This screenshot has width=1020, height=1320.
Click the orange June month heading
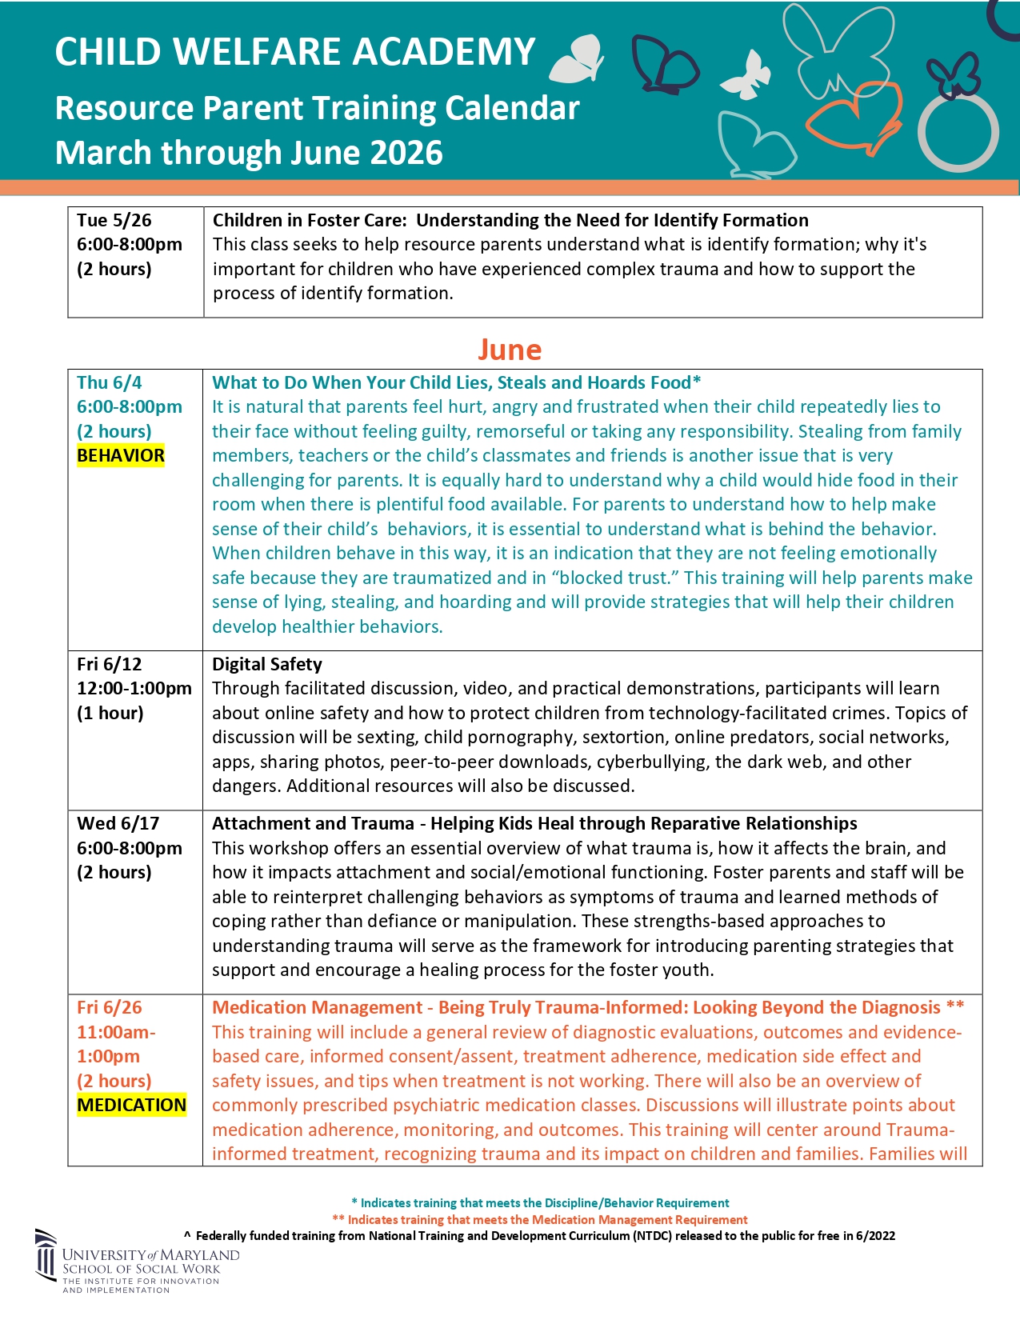[x=510, y=350]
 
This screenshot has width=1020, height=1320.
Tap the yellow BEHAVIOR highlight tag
[x=121, y=456]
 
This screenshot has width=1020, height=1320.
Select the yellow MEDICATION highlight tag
[x=132, y=1106]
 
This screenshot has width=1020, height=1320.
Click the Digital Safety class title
[x=267, y=664]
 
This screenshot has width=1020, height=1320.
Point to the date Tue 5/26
[x=114, y=221]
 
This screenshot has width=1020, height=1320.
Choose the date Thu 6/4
[x=110, y=382]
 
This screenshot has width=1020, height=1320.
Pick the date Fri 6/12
[x=110, y=664]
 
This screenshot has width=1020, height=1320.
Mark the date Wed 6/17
[x=118, y=823]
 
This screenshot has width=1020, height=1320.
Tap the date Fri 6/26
[x=110, y=1008]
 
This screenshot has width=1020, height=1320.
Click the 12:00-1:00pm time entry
[x=134, y=688]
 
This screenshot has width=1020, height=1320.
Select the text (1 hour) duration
[x=110, y=713]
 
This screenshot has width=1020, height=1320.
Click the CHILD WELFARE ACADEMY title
[x=295, y=53]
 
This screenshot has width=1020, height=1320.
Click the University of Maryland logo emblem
[x=46, y=1254]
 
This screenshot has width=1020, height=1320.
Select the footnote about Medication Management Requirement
[x=540, y=1220]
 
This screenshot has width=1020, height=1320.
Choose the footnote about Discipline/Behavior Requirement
[x=540, y=1203]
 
